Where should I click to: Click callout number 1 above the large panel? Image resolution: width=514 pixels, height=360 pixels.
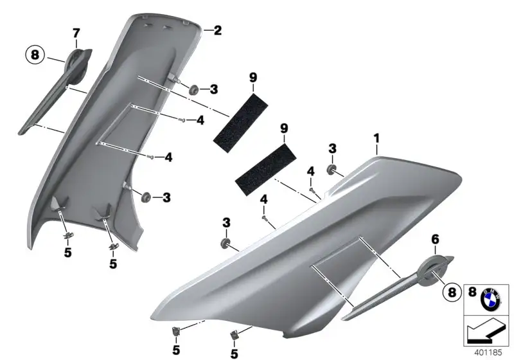[377, 138]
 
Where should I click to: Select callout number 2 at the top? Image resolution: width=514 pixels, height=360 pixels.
[218, 30]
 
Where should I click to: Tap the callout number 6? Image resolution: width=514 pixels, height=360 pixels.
[435, 240]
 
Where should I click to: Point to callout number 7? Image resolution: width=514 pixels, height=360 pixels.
[76, 33]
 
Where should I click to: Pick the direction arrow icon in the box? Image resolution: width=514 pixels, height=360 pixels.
[486, 331]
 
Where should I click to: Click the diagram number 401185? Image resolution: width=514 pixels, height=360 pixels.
[488, 352]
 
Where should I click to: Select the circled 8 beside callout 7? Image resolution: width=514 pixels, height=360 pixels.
[35, 55]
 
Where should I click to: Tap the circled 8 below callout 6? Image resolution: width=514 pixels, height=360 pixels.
[452, 291]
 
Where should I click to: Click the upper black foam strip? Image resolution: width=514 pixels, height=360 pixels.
[240, 122]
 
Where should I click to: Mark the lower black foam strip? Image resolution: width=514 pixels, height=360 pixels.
[265, 169]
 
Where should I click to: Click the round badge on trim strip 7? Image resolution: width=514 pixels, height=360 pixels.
[78, 64]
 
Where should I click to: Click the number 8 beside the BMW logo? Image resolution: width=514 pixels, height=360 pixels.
[472, 292]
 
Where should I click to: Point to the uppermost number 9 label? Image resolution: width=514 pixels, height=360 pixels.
[253, 78]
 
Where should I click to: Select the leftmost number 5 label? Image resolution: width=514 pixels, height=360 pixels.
[68, 253]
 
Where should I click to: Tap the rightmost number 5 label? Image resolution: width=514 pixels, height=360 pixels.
[234, 354]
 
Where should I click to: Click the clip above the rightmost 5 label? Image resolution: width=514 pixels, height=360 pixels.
[234, 335]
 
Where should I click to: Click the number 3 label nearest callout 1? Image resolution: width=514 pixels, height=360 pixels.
[332, 148]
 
